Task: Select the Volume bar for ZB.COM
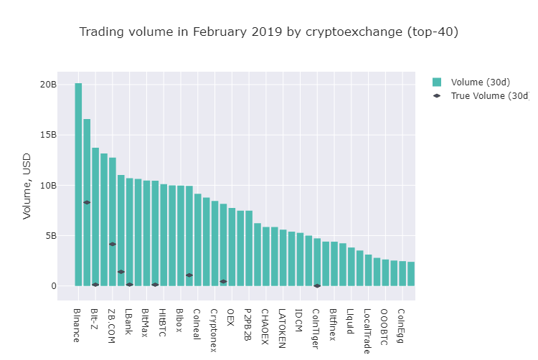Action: point(113,222)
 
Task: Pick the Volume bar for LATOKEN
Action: point(283,258)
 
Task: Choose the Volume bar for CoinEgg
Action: point(402,273)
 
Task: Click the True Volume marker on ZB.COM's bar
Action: point(113,245)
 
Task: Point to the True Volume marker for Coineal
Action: point(189,275)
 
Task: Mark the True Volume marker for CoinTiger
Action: point(317,286)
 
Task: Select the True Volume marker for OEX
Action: point(223,282)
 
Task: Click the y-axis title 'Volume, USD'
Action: point(27,186)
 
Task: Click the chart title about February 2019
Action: point(268,32)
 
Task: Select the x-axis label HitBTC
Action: point(162,322)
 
